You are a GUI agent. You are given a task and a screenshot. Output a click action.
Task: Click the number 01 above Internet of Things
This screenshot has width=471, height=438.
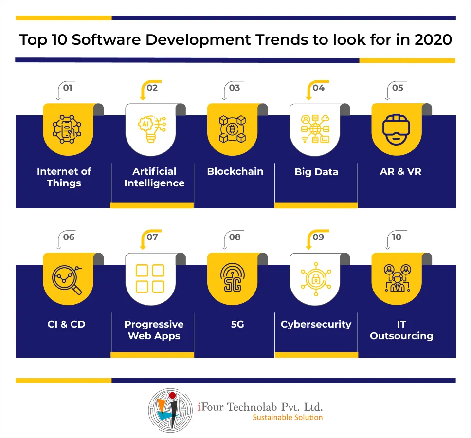click(x=68, y=88)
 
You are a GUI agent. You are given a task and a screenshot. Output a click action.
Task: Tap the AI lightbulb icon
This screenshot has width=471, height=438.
click(x=152, y=129)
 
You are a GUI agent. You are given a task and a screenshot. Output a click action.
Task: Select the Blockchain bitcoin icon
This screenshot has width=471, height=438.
click(x=232, y=129)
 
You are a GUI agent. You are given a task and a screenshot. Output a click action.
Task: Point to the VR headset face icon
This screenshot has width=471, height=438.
click(x=396, y=129)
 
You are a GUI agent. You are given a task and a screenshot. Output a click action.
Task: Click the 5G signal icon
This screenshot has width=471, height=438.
click(x=233, y=277)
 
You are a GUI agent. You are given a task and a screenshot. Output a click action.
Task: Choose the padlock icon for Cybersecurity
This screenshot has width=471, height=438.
click(x=316, y=279)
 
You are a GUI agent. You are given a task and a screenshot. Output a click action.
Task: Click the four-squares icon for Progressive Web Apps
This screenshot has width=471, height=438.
click(x=150, y=278)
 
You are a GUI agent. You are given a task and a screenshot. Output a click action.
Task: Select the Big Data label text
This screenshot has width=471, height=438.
click(x=317, y=172)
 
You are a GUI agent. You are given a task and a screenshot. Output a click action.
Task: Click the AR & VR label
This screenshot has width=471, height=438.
click(x=400, y=171)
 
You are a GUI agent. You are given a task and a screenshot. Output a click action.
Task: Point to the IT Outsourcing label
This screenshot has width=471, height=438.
click(x=401, y=330)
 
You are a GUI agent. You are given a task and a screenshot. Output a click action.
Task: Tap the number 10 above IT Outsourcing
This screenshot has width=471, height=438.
click(x=397, y=237)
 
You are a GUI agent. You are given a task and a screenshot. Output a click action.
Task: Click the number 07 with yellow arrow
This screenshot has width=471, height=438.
click(x=152, y=237)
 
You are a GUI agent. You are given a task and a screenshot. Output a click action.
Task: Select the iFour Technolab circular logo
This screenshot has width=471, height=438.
click(x=170, y=410)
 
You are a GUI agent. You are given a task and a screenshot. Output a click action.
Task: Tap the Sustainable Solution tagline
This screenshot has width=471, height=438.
click(x=288, y=417)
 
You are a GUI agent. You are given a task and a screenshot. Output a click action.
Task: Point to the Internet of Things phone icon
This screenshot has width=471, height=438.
click(x=67, y=129)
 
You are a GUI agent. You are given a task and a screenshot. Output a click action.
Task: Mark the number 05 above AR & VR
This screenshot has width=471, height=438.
click(x=398, y=88)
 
